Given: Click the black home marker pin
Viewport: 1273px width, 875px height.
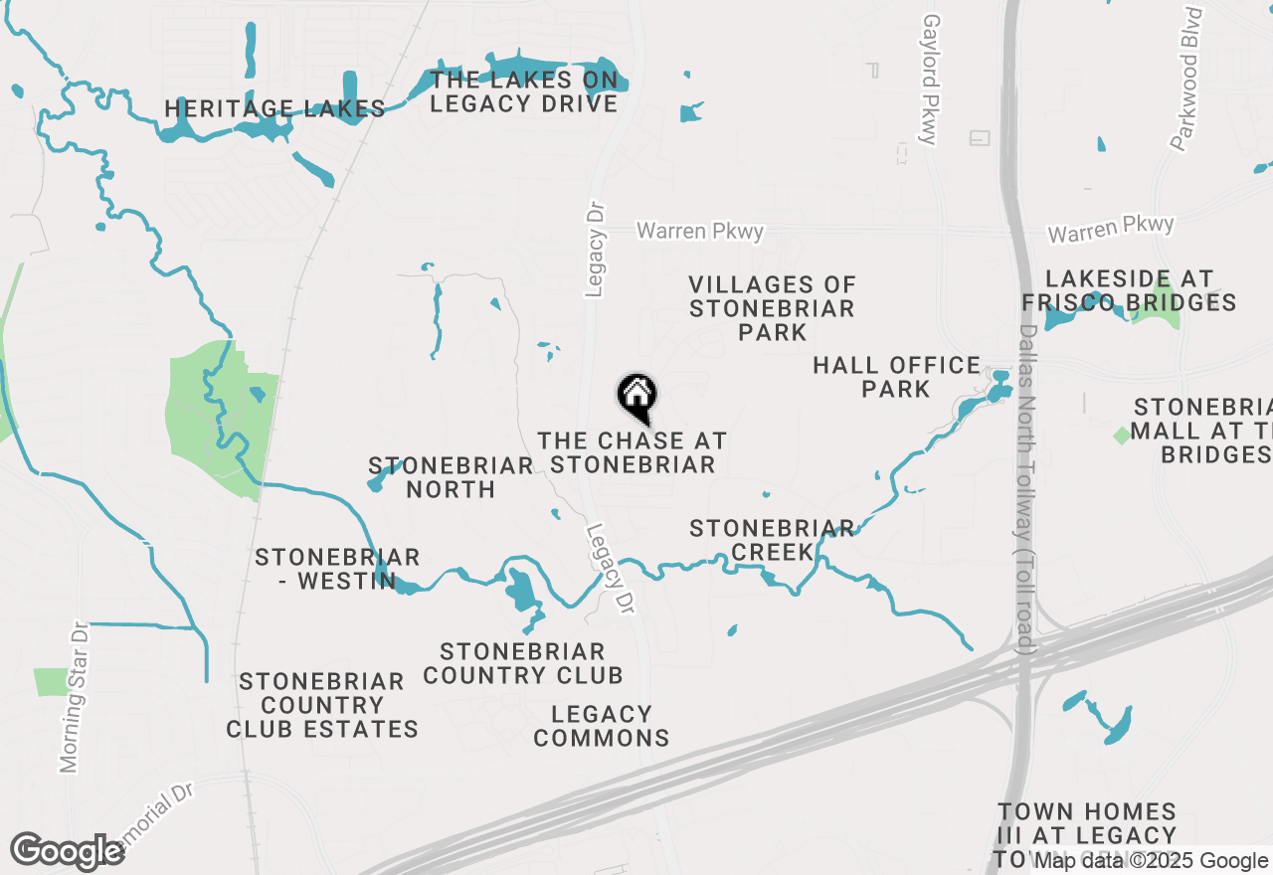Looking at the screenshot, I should point(636,397).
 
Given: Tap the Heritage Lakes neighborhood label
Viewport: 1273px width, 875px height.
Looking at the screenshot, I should point(274,108).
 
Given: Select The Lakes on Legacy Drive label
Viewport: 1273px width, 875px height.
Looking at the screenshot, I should point(524,91).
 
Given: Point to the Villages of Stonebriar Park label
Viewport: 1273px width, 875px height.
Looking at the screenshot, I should point(772,308).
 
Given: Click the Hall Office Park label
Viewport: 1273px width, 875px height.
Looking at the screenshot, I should point(896,377).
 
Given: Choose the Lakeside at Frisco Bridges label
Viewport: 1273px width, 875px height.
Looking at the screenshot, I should point(1128,290).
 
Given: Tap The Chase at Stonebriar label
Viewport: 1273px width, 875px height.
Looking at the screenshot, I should point(633,452).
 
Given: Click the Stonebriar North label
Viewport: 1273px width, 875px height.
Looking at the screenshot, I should point(451,477).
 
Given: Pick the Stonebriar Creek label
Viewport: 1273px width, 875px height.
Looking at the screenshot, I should point(772,540).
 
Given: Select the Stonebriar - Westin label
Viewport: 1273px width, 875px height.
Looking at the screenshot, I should point(337,569).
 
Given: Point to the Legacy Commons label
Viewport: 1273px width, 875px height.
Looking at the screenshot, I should point(602,726).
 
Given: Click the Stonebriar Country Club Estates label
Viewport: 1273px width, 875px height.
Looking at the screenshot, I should point(321,705).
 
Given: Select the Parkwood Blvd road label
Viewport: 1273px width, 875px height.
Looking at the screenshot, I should point(1186,80).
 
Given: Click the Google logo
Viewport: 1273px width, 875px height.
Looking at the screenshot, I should point(67,852).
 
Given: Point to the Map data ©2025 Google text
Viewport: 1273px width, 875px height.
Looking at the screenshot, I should point(1151,861).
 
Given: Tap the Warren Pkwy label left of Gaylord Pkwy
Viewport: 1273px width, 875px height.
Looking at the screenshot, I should point(700,231).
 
